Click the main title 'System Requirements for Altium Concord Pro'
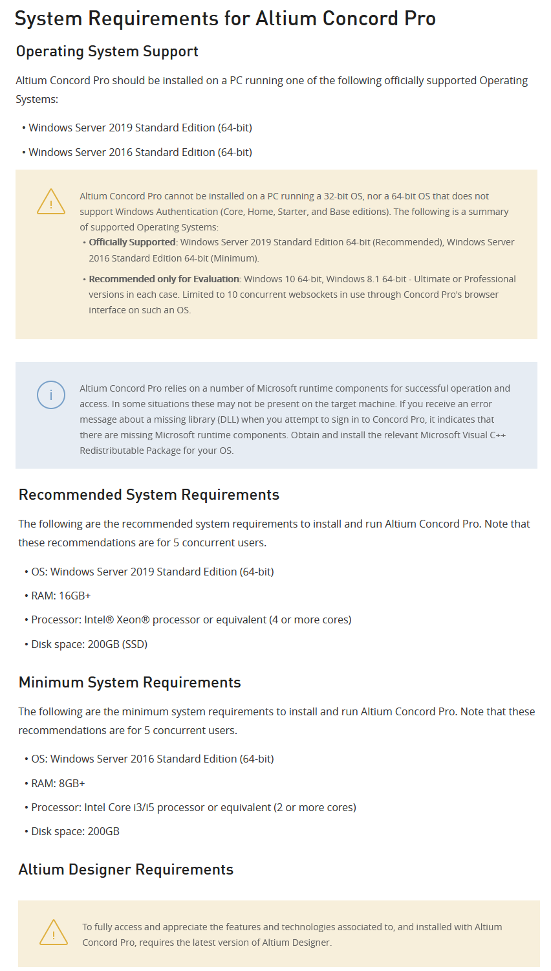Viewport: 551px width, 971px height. pyautogui.click(x=225, y=19)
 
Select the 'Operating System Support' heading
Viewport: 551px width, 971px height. pyautogui.click(x=107, y=52)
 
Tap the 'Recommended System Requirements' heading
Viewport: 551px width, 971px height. pyautogui.click(x=149, y=495)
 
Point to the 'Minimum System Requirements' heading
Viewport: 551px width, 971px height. pyautogui.click(x=129, y=683)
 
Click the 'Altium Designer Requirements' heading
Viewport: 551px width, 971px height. pyautogui.click(x=125, y=870)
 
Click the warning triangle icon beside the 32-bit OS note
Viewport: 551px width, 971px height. pyautogui.click(x=51, y=202)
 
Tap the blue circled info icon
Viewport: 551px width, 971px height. pyautogui.click(x=51, y=395)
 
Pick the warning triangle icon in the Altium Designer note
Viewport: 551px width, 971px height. pyautogui.click(x=54, y=933)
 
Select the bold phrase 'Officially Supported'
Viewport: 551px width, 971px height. pyautogui.click(x=132, y=242)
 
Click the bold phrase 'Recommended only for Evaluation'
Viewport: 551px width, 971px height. pyautogui.click(x=164, y=279)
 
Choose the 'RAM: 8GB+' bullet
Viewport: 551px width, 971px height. pyautogui.click(x=58, y=783)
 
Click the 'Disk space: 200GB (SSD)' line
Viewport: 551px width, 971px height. pyautogui.click(x=89, y=644)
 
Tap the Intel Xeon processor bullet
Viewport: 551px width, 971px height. pyautogui.click(x=191, y=619)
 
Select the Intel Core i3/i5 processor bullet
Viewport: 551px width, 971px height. pyautogui.click(x=193, y=807)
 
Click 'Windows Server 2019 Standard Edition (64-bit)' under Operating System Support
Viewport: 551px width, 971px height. pyautogui.click(x=140, y=128)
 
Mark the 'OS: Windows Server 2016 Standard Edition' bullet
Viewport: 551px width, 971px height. pyautogui.click(x=152, y=759)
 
